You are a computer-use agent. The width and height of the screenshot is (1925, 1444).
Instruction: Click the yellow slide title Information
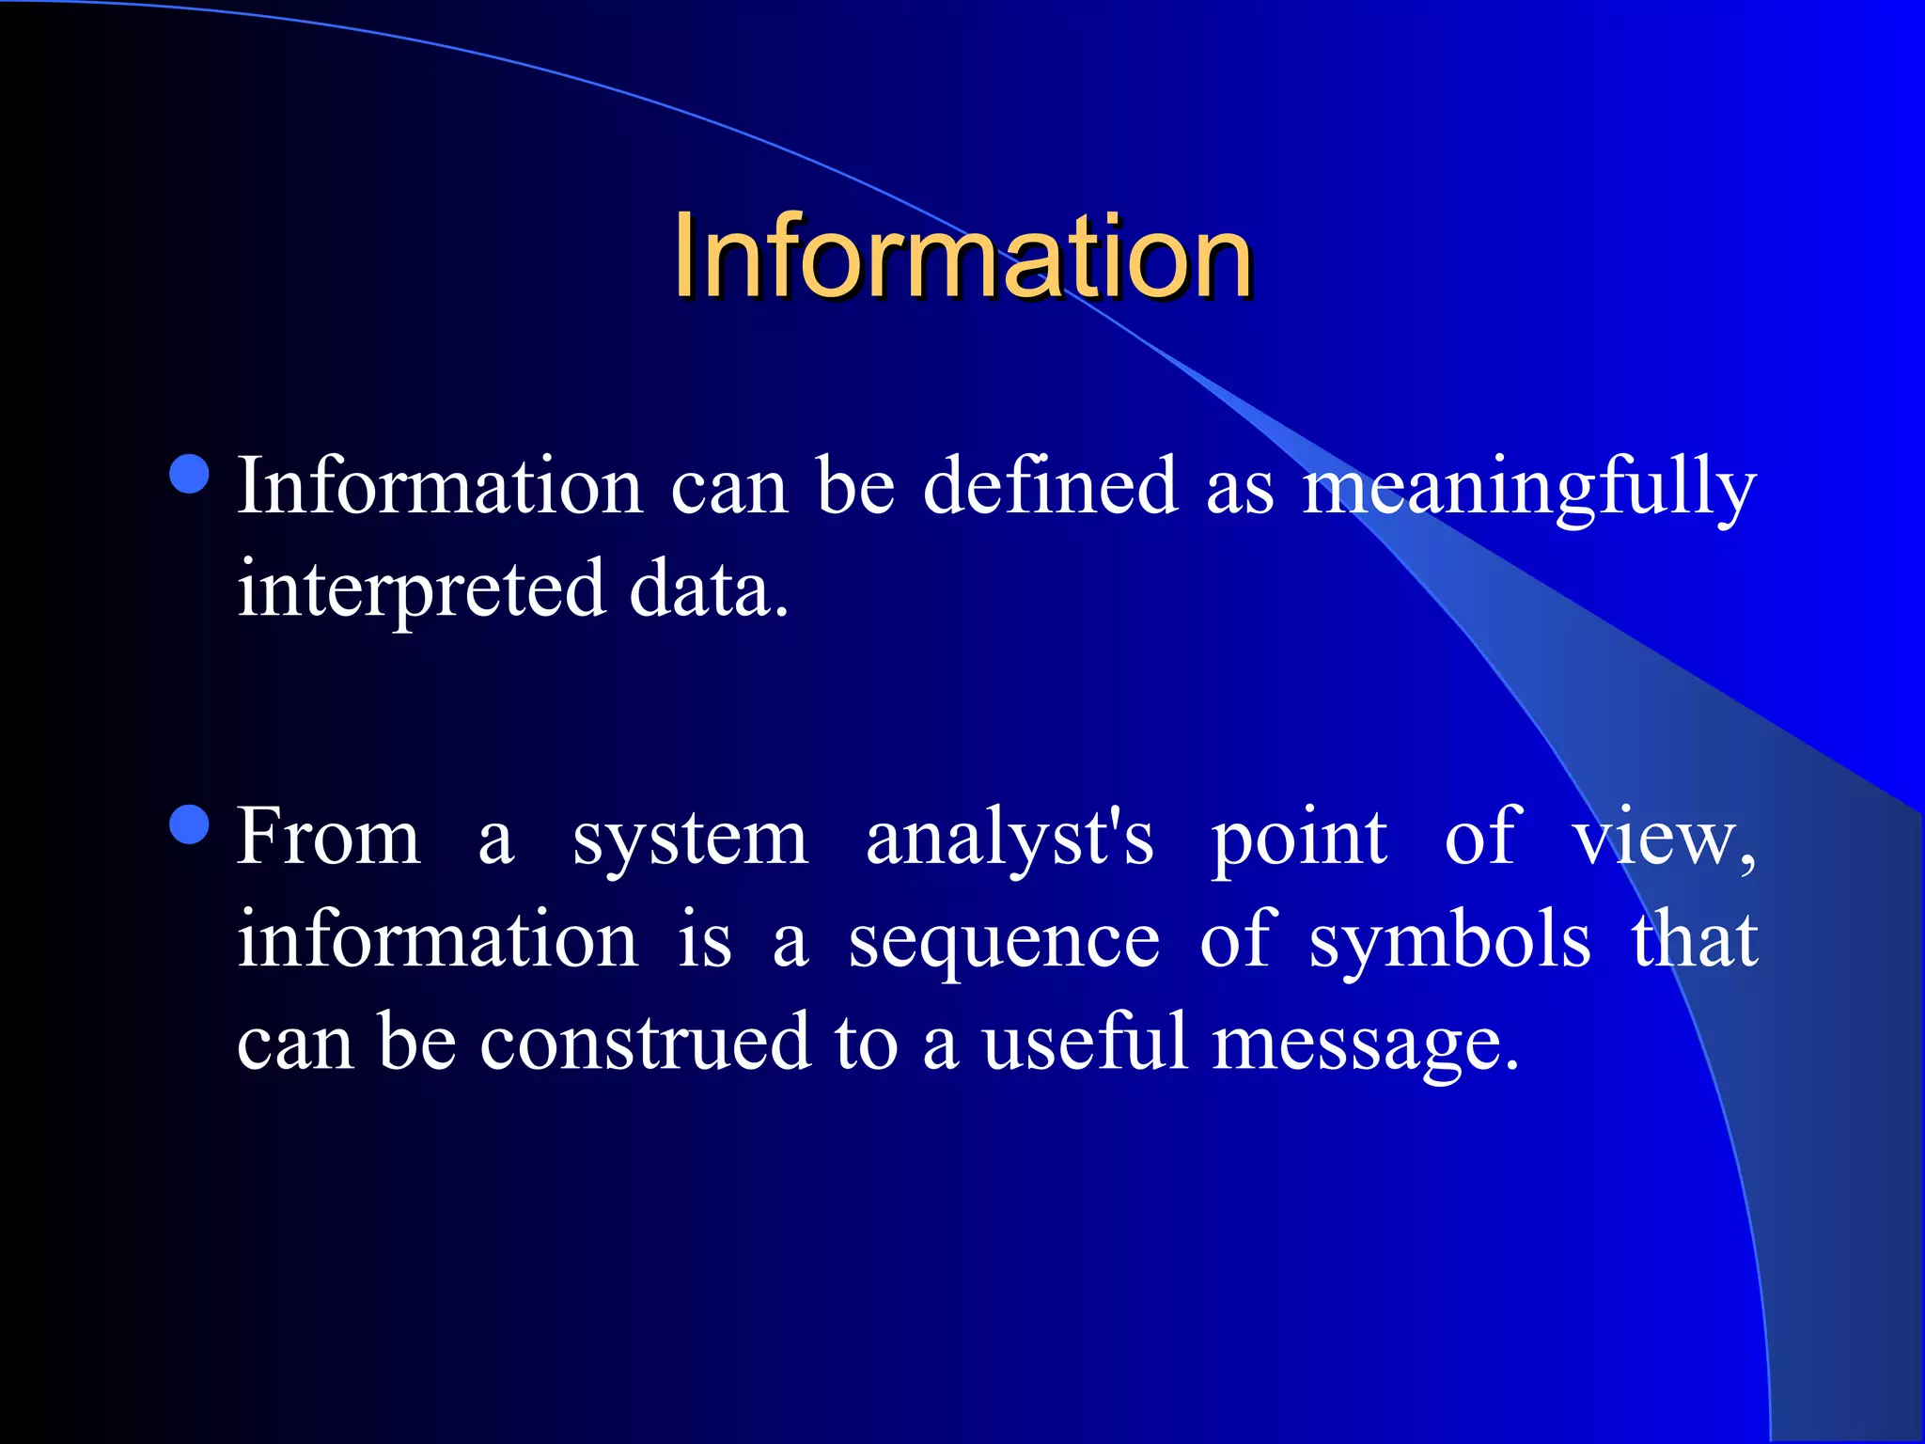point(962,256)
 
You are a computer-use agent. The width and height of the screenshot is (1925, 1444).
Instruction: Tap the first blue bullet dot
point(190,474)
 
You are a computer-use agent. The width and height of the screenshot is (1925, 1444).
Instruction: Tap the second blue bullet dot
point(190,825)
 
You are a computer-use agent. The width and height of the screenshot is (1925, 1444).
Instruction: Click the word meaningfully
point(1529,489)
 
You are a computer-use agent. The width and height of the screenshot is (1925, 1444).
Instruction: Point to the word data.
point(707,590)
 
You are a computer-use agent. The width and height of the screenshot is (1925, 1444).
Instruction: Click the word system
point(690,840)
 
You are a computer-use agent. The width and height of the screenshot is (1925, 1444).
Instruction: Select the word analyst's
point(1009,840)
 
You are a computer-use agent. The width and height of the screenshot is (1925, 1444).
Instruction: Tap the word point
point(1298,840)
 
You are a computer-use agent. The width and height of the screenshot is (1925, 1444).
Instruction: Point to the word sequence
point(1004,942)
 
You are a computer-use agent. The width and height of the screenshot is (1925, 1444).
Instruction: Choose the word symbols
point(1449,942)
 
